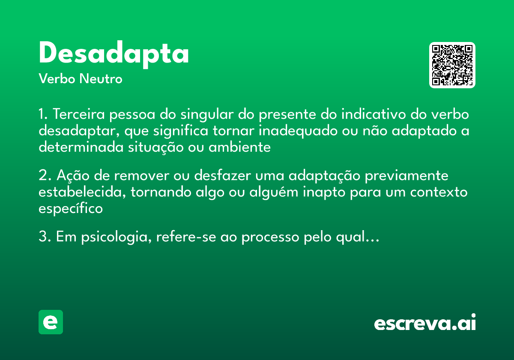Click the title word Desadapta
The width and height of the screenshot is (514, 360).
coord(114,54)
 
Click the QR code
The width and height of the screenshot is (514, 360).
coord(452,65)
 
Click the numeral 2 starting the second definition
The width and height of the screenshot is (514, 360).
coord(42,176)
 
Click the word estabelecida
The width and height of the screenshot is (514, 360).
coord(82,192)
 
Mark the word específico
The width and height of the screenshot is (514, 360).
coord(71,208)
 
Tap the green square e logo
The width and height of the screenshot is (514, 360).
coord(51,322)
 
